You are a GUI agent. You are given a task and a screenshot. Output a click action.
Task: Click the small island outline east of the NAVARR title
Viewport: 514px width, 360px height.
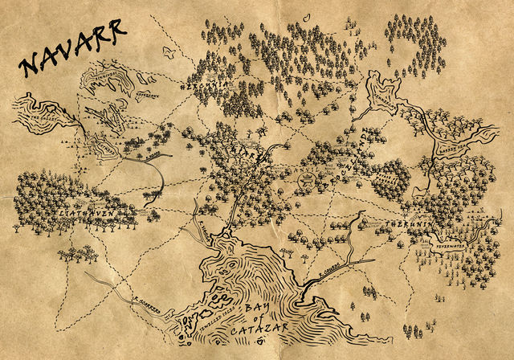click(169, 51)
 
